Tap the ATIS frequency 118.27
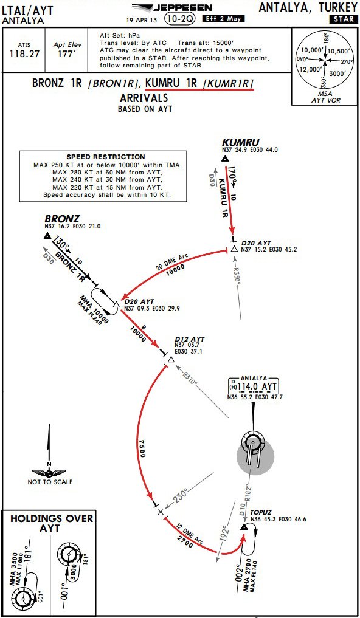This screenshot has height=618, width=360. pyautogui.click(x=25, y=54)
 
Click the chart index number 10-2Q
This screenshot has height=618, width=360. pyautogui.click(x=179, y=19)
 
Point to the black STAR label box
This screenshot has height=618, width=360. pyautogui.click(x=344, y=19)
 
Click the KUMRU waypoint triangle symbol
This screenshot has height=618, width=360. pyautogui.click(x=225, y=159)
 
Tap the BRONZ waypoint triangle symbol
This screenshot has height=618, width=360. pyautogui.click(x=47, y=236)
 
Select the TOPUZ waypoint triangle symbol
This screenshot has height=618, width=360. pyautogui.click(x=244, y=527)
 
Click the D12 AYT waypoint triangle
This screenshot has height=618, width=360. pyautogui.click(x=171, y=359)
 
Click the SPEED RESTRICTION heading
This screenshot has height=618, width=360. pyautogui.click(x=106, y=157)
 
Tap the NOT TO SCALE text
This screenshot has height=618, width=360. pyautogui.click(x=50, y=482)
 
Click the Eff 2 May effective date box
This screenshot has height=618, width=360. pyautogui.click(x=223, y=18)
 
